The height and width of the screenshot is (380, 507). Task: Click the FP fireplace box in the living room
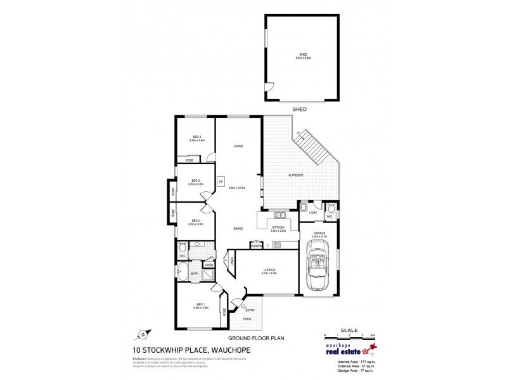point(221,180)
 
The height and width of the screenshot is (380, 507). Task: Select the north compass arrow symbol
point(143,333)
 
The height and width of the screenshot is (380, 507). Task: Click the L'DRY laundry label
point(312,213)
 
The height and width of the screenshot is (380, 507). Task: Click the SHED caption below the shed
point(299,109)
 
